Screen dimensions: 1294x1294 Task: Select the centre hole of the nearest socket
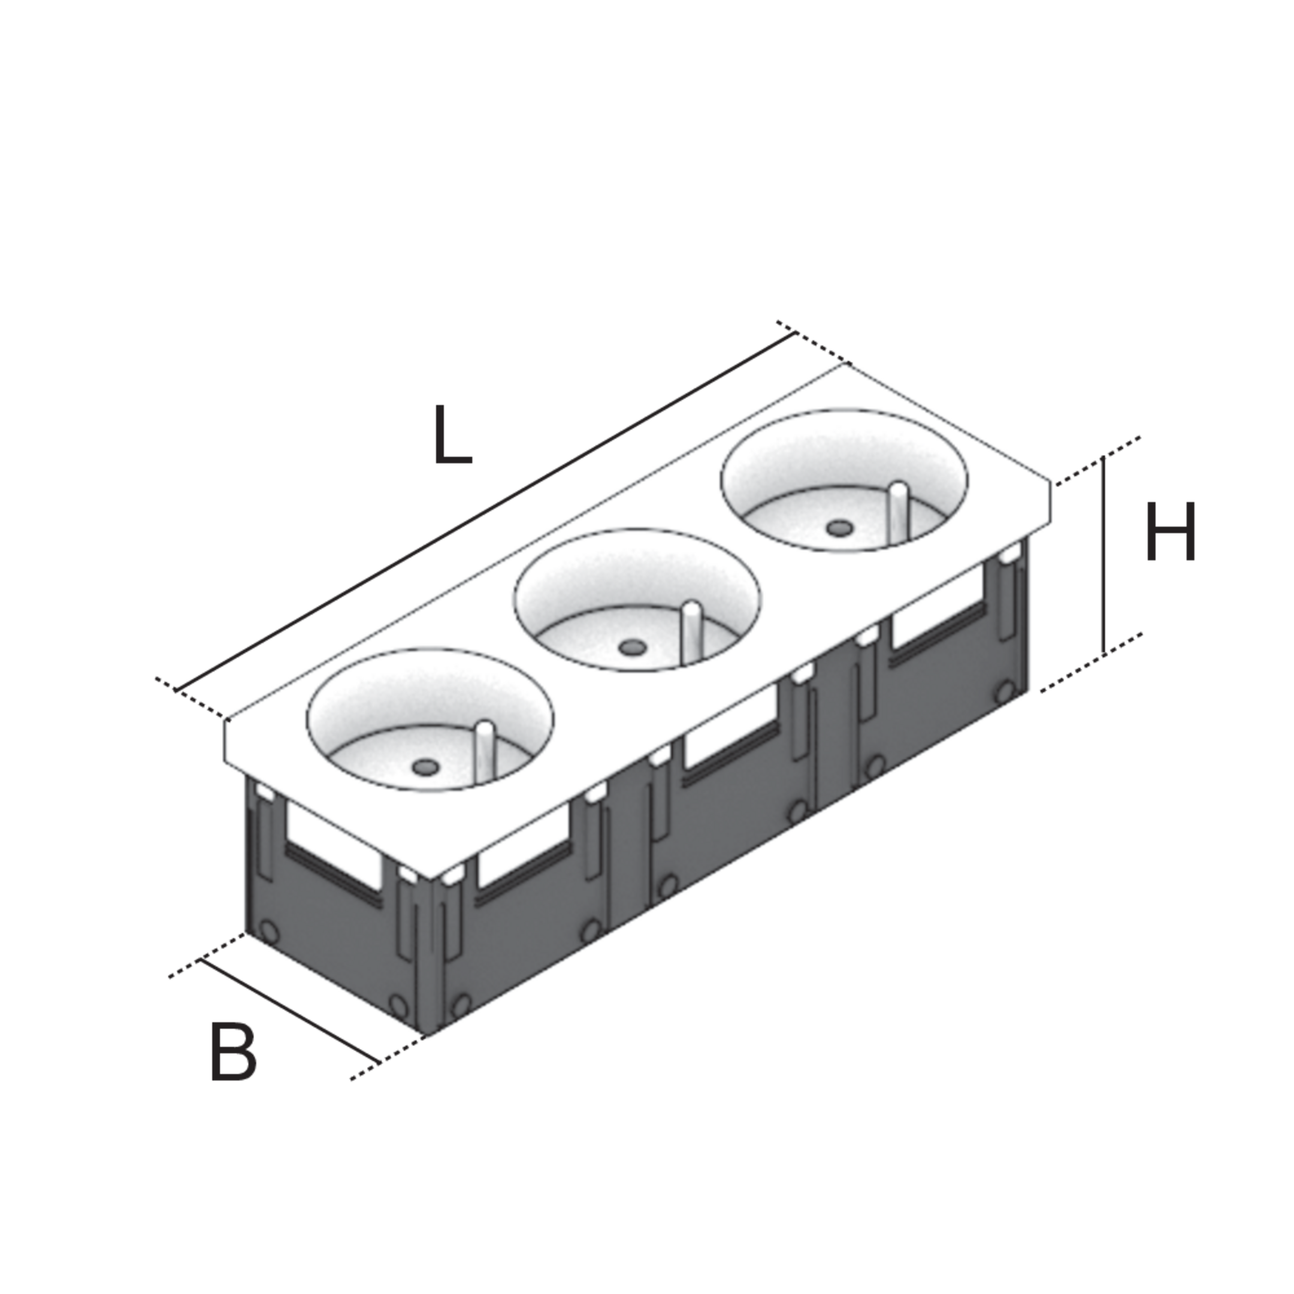pos(425,767)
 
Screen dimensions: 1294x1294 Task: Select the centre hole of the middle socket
pos(631,648)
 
